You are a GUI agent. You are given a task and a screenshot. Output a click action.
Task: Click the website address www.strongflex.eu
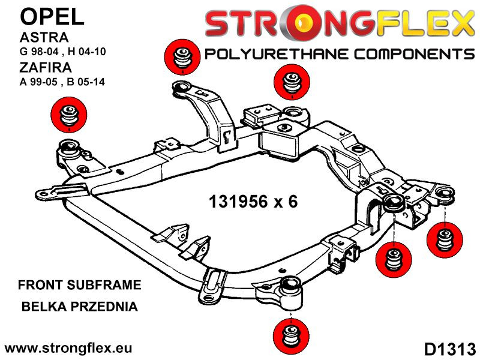tap(68, 348)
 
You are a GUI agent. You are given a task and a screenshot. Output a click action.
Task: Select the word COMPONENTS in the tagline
tap(415, 55)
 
